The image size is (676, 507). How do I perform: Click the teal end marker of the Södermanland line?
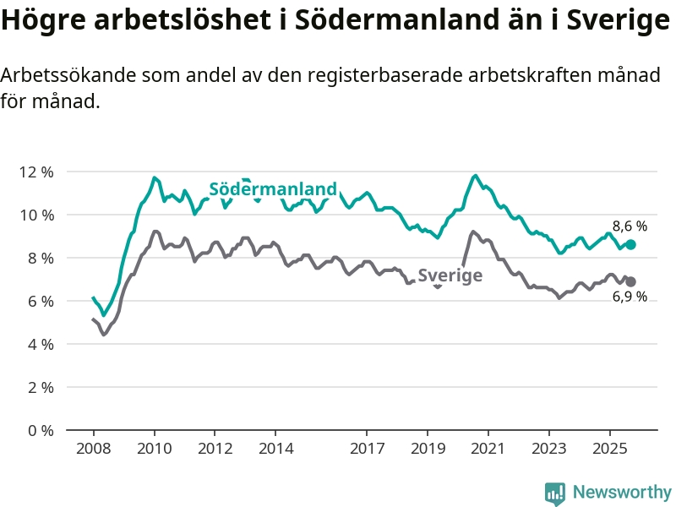pos(630,244)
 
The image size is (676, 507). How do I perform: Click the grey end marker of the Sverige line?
pos(630,281)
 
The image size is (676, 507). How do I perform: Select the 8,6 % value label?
pos(630,226)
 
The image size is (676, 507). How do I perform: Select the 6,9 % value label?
pos(630,297)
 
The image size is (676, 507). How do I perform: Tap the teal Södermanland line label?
pos(273,188)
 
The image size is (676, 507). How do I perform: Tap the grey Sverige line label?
pos(450,275)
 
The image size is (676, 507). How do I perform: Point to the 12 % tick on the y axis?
pos(35,172)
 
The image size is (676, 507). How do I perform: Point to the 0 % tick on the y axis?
pos(39,430)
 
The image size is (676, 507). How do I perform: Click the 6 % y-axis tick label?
pos(39,301)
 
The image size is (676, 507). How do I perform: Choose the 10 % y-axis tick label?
pos(35,215)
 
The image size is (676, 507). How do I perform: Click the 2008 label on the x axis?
pos(93,447)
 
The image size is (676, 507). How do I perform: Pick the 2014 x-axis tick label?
pos(275,447)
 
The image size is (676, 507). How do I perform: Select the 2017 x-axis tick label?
pos(367,447)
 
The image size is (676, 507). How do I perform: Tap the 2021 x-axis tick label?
pos(488,447)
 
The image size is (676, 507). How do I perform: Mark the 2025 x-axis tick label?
pos(610,447)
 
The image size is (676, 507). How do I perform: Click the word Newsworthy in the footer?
pos(622,492)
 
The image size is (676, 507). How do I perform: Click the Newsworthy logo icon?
pos(555,492)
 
